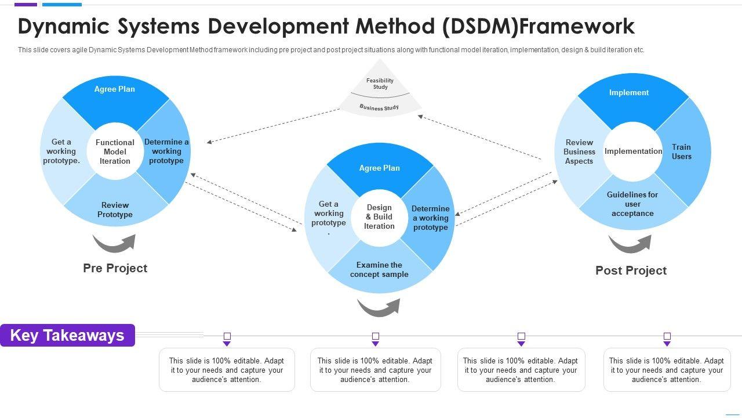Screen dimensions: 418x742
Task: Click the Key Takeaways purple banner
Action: coord(67,336)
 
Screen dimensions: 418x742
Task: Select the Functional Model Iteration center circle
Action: coord(115,152)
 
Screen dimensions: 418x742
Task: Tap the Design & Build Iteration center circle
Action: coord(379,217)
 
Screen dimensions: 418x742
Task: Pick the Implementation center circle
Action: coord(633,151)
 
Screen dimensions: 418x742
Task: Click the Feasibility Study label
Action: coord(380,84)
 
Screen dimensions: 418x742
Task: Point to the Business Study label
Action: coord(379,107)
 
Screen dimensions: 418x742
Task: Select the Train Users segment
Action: coord(682,152)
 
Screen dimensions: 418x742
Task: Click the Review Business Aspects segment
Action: coord(580,152)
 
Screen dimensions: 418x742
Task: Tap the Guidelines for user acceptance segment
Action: coord(632,204)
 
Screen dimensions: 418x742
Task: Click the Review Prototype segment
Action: coord(115,210)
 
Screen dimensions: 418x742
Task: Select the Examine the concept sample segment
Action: coord(379,269)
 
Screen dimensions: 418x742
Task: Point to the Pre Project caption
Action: coord(115,268)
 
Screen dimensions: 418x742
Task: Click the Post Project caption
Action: coord(631,271)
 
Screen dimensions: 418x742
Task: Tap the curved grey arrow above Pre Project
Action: coord(114,243)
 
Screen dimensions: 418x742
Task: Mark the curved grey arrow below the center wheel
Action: coord(379,307)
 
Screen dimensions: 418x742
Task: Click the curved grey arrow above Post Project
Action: coord(630,244)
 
